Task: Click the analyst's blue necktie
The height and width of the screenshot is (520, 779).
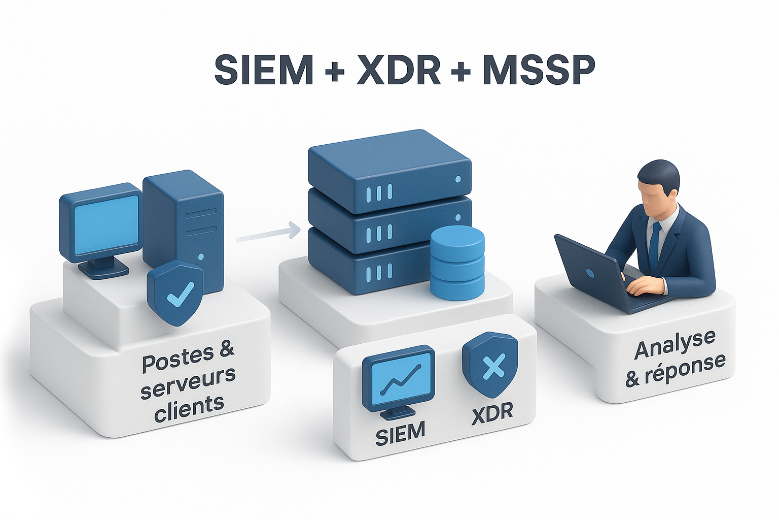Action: point(655,244)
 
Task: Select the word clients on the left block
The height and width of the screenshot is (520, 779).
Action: point(189,407)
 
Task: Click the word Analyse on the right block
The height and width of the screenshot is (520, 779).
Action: point(675,345)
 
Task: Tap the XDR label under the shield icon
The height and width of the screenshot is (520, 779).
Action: point(492,412)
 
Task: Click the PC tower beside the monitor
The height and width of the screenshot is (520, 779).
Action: point(185,223)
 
